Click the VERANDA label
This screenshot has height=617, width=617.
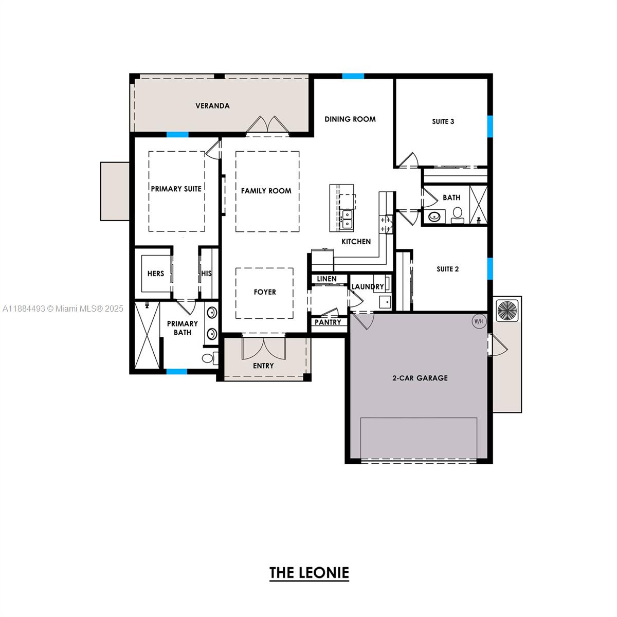click(212, 106)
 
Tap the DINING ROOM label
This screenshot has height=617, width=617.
click(350, 119)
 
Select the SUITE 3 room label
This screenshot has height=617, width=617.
click(443, 122)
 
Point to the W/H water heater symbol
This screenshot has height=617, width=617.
click(479, 321)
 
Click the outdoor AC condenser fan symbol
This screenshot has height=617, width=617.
click(507, 310)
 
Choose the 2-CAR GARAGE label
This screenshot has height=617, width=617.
click(420, 378)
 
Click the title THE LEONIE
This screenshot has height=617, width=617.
click(309, 572)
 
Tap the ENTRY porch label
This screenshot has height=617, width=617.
click(263, 366)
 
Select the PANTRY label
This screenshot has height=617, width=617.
click(328, 322)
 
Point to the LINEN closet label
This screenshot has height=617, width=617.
click(326, 279)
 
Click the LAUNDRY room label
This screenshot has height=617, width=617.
click(367, 286)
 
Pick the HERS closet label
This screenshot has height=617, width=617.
click(155, 274)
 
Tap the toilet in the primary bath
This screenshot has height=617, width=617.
click(208, 358)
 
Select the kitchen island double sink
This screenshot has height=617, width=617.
click(347, 219)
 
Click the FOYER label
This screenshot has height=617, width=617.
click(265, 292)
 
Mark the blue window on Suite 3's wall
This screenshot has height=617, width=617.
click(490, 126)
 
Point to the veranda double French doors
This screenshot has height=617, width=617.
click(266, 125)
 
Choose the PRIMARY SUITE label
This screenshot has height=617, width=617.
click(176, 189)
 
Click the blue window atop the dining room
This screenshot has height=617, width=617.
click(353, 76)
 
